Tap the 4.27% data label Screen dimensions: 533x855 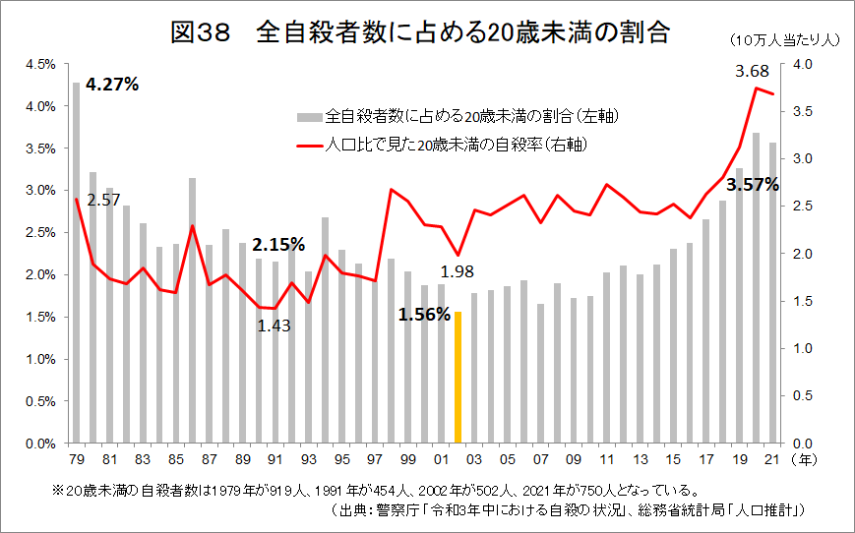click(112, 85)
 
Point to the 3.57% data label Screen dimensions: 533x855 click(753, 184)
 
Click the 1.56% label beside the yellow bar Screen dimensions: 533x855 click(424, 316)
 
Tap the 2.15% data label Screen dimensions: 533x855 click(278, 243)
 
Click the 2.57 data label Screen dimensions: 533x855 click(103, 200)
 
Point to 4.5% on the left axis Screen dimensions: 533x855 click(40, 64)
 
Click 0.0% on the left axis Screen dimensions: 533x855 click(40, 444)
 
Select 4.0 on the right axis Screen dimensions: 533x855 click(802, 64)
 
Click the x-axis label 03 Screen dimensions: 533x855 click(474, 460)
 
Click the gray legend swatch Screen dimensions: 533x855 click(309, 117)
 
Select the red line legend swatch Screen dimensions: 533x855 click(309, 145)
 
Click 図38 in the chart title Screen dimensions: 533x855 click(200, 33)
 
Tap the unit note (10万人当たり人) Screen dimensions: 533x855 click(783, 40)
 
